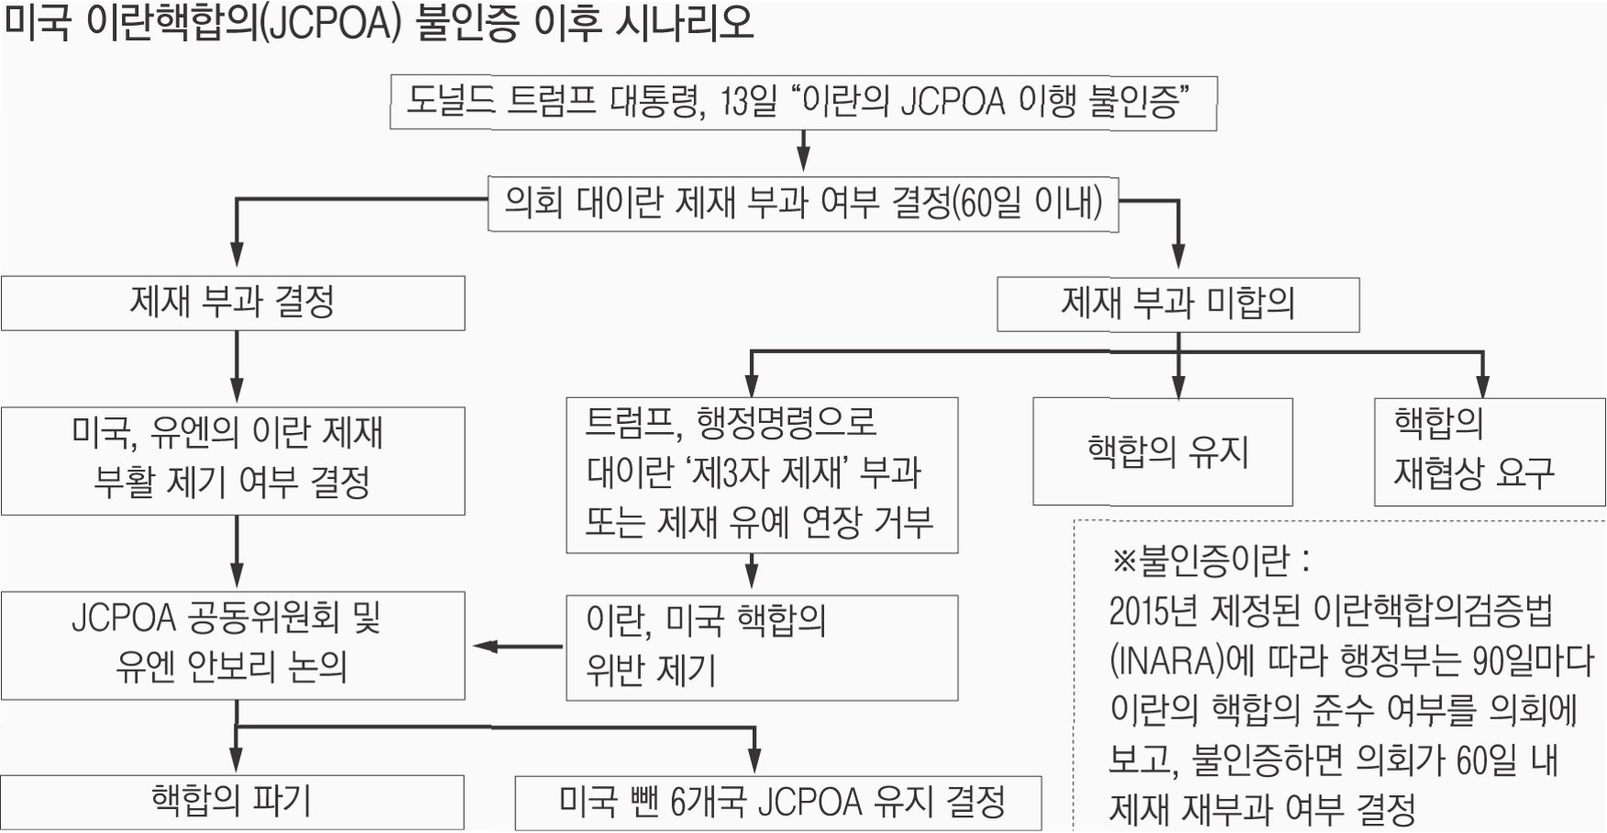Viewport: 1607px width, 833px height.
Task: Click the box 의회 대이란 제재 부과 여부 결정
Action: (803, 203)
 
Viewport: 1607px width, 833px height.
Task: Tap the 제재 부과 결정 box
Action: (233, 303)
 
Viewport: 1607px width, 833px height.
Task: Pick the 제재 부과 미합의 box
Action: (1178, 305)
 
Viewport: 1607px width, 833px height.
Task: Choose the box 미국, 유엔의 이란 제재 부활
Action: (233, 461)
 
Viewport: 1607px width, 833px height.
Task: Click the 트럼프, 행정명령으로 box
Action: (762, 474)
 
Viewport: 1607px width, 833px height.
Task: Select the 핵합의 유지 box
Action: (1162, 451)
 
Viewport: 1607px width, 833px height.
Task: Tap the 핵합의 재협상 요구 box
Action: (1490, 451)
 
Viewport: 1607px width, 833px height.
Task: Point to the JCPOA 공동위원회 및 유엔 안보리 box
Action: (233, 646)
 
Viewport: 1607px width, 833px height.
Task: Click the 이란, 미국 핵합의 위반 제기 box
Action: (762, 648)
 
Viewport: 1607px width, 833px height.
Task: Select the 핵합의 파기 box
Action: (233, 802)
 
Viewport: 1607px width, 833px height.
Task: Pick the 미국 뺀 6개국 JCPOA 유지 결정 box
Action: (778, 803)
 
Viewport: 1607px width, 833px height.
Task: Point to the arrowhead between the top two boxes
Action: (804, 162)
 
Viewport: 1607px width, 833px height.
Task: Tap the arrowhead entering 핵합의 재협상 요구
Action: (1483, 388)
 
